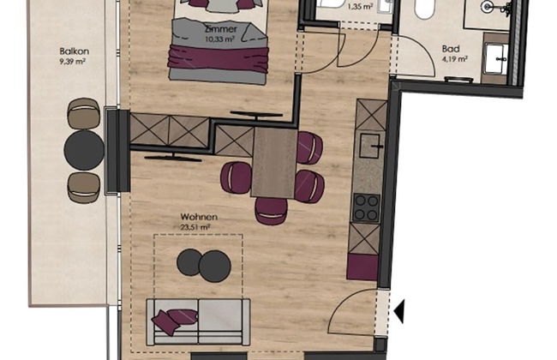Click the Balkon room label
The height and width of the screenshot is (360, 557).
75,51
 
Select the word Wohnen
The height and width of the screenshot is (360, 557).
199,217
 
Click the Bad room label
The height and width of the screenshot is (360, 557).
451,49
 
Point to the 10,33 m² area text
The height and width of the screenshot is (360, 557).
219,39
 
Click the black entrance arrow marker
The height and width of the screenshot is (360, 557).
399,311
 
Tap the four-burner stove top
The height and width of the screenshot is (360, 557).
367,208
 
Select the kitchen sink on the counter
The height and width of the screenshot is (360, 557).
370,146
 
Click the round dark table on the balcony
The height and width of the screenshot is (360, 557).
84,150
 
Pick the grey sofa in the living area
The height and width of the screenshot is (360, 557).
198,322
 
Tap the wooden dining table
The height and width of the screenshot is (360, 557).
274,163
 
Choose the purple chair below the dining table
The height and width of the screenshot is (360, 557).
271,211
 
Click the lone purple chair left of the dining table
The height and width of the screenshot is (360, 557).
236,177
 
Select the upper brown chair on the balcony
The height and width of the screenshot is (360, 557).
84,113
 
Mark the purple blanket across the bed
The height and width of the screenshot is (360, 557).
219,58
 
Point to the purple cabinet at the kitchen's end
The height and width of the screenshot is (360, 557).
362,267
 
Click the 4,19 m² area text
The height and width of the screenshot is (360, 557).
454,59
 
